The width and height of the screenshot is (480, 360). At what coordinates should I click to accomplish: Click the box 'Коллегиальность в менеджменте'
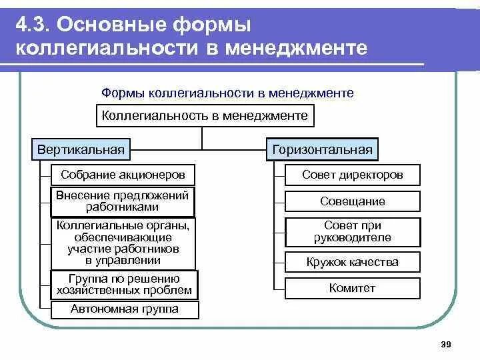tap(205, 116)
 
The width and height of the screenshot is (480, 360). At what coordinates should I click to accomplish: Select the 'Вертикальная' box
tap(80, 149)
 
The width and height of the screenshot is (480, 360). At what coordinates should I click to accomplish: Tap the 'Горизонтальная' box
tap(322, 149)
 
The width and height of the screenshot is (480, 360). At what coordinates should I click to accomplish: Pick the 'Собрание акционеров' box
tap(123, 175)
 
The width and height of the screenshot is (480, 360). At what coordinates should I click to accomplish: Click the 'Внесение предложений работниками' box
tap(123, 201)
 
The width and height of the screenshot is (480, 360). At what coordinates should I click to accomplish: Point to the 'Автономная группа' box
tap(125, 309)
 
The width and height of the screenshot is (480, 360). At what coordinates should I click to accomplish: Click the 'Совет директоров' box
tap(352, 175)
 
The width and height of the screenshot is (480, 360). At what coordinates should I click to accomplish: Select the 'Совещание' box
tap(352, 201)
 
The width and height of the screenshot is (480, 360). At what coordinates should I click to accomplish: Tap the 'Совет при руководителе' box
tap(352, 232)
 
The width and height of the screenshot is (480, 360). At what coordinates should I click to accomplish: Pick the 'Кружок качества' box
tap(352, 262)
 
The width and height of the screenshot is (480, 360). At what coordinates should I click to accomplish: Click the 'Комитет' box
tap(352, 288)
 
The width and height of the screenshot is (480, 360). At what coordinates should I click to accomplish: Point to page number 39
tap(446, 344)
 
